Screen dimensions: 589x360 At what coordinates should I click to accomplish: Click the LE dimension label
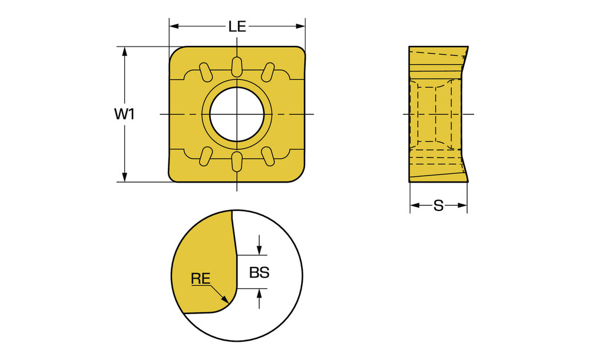click(237, 27)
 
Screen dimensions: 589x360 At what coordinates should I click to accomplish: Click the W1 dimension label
click(124, 114)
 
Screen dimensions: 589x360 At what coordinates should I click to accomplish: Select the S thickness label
click(438, 206)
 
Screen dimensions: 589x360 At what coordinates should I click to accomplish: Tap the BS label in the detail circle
click(259, 272)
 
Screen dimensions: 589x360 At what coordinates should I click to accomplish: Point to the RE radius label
click(201, 279)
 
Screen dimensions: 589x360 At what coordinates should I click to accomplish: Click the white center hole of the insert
click(237, 114)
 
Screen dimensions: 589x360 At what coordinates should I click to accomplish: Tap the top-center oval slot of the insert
click(237, 67)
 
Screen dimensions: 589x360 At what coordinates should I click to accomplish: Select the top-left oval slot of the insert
click(206, 72)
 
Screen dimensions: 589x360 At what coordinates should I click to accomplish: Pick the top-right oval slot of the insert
click(268, 72)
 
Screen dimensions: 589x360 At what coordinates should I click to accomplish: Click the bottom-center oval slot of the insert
click(237, 161)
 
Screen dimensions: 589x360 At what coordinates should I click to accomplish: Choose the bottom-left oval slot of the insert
click(206, 156)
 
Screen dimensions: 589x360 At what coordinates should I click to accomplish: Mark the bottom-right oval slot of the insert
click(268, 156)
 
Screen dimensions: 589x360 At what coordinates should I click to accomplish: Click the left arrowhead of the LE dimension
click(174, 27)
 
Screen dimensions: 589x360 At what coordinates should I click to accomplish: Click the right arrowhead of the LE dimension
click(300, 27)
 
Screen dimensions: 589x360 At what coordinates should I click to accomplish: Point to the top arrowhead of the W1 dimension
click(125, 51)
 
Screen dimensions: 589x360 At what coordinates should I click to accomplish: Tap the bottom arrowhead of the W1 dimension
click(125, 177)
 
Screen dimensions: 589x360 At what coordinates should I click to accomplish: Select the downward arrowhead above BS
click(259, 250)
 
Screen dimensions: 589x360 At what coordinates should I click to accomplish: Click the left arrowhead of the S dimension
click(415, 205)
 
